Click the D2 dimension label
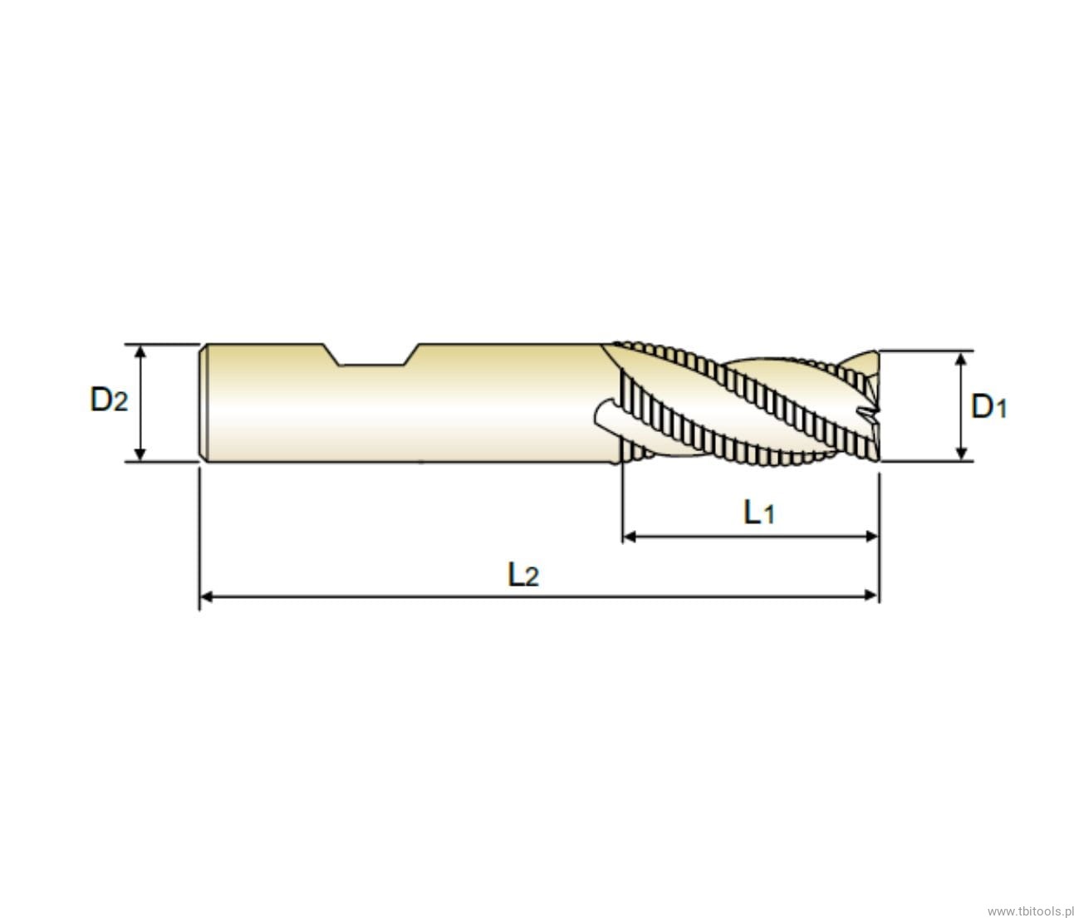click(x=109, y=400)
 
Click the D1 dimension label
click(x=988, y=406)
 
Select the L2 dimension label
click(x=523, y=575)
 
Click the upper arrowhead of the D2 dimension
click(x=140, y=352)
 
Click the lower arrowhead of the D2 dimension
click(x=140, y=454)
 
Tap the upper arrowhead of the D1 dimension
click(x=961, y=359)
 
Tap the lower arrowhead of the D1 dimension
click(x=961, y=454)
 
